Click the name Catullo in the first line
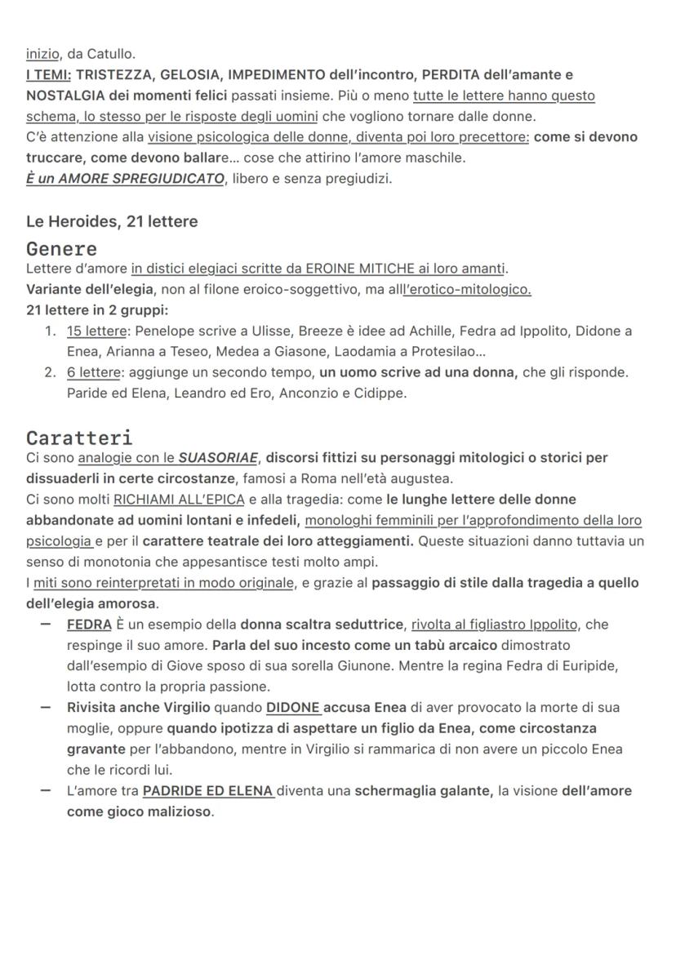click(111, 54)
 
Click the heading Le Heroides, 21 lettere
click(112, 221)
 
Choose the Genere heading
click(61, 248)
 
